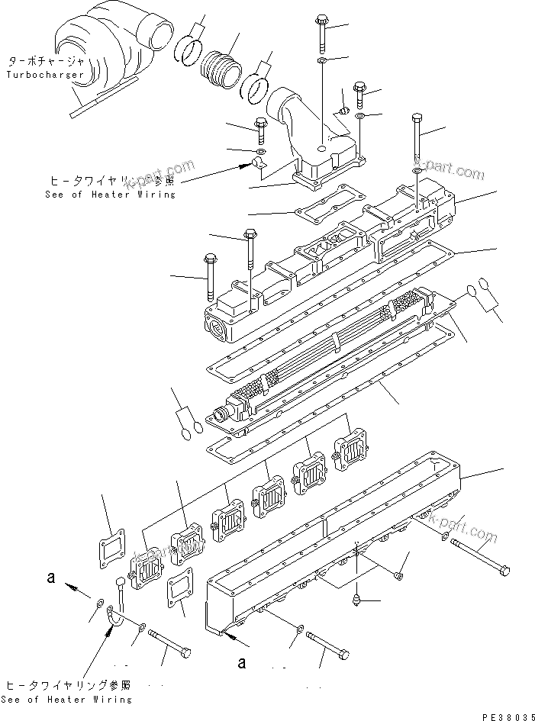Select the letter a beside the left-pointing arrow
50,579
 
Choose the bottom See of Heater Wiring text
66,699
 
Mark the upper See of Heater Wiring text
111,195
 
